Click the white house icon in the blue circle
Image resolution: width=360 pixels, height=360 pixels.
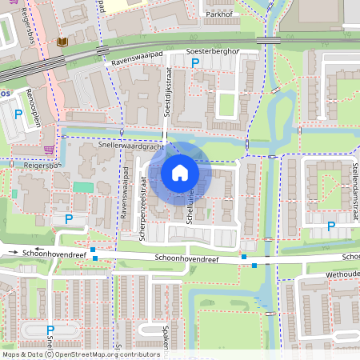point(180,173)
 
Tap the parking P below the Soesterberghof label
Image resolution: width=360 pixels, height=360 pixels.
point(194,62)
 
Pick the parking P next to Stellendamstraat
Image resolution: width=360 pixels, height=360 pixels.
point(331,225)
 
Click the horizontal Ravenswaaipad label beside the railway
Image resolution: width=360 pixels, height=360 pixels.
point(144,58)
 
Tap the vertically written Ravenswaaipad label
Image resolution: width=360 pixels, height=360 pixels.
point(126,189)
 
